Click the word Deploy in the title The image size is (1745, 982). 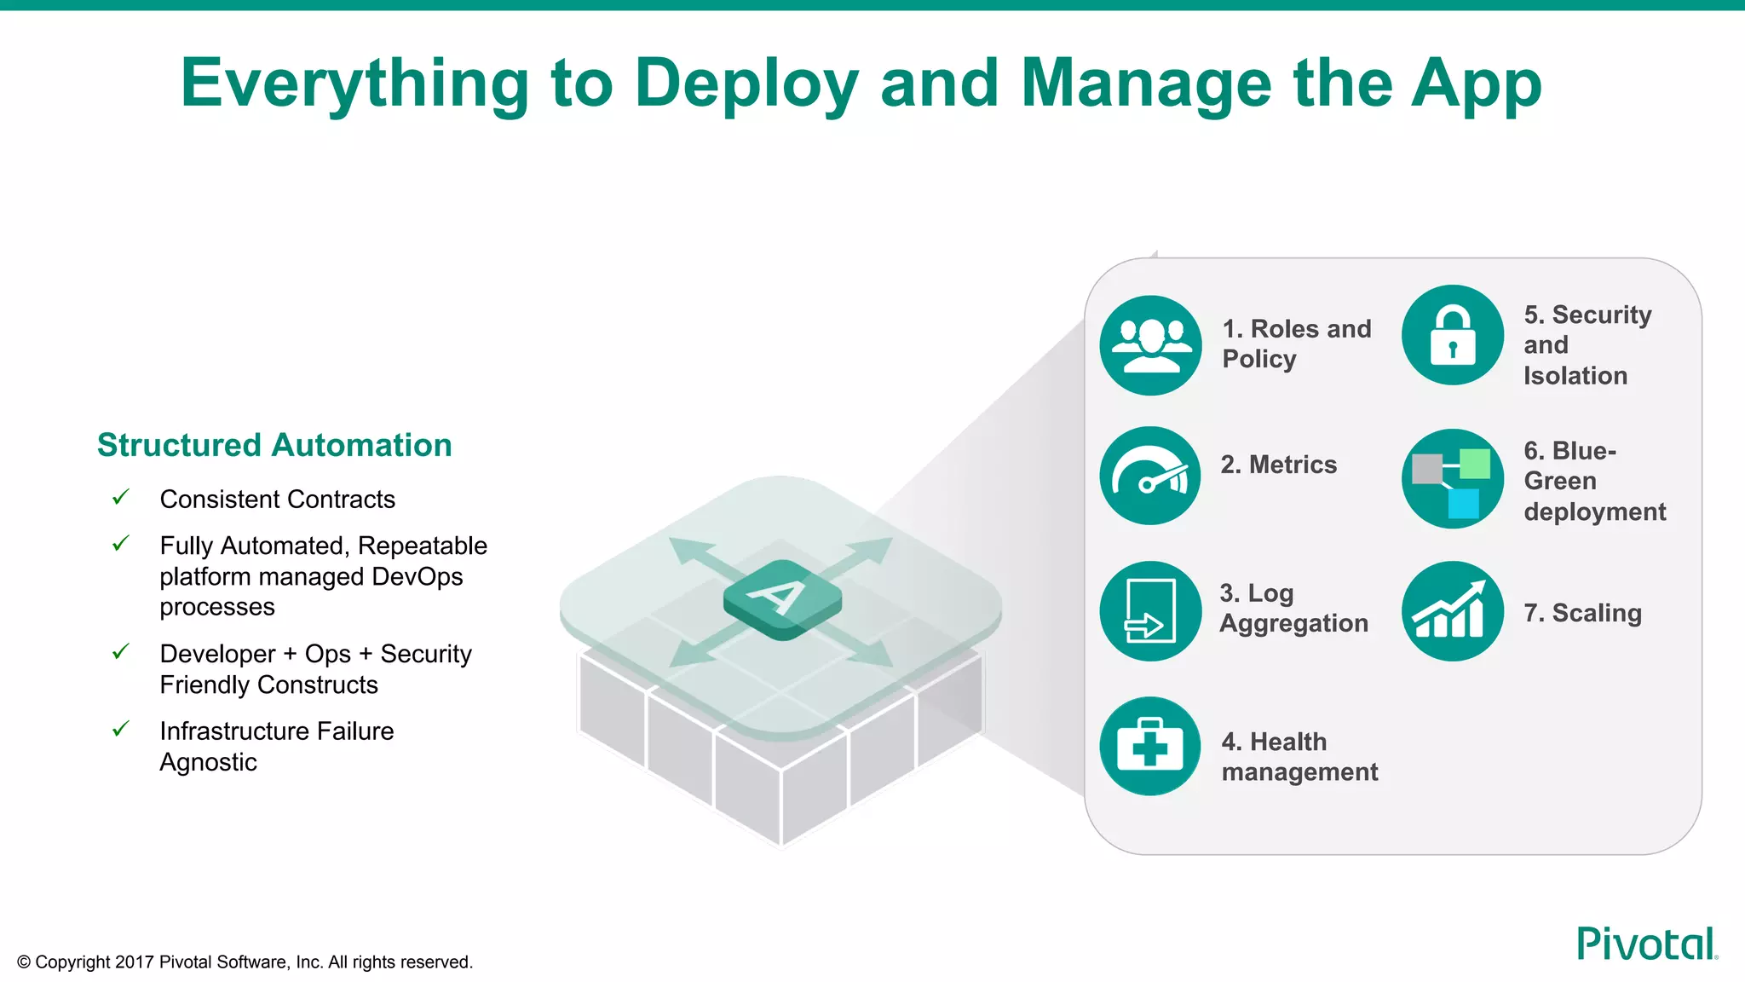click(746, 84)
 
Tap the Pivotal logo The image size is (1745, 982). click(1646, 944)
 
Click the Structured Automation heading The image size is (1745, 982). click(274, 445)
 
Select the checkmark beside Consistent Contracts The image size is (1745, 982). click(121, 497)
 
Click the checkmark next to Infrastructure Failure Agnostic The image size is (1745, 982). click(121, 730)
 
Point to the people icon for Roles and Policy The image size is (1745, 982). click(1150, 345)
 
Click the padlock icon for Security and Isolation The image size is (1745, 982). click(1452, 335)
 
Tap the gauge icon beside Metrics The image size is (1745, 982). click(1150, 476)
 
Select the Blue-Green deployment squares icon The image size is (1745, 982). click(1452, 479)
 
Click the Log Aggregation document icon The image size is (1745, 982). click(1150, 611)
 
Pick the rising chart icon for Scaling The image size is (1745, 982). click(1452, 611)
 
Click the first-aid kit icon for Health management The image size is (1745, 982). click(1150, 747)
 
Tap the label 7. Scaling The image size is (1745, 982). click(1582, 613)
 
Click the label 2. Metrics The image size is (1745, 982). click(1278, 465)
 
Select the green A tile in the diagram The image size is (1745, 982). click(782, 598)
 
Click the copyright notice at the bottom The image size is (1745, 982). click(245, 962)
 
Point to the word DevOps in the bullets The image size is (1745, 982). click(418, 577)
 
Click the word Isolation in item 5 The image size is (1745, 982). click(1575, 376)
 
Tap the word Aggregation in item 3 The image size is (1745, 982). click(1293, 624)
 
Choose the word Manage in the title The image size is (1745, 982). click(1146, 84)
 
